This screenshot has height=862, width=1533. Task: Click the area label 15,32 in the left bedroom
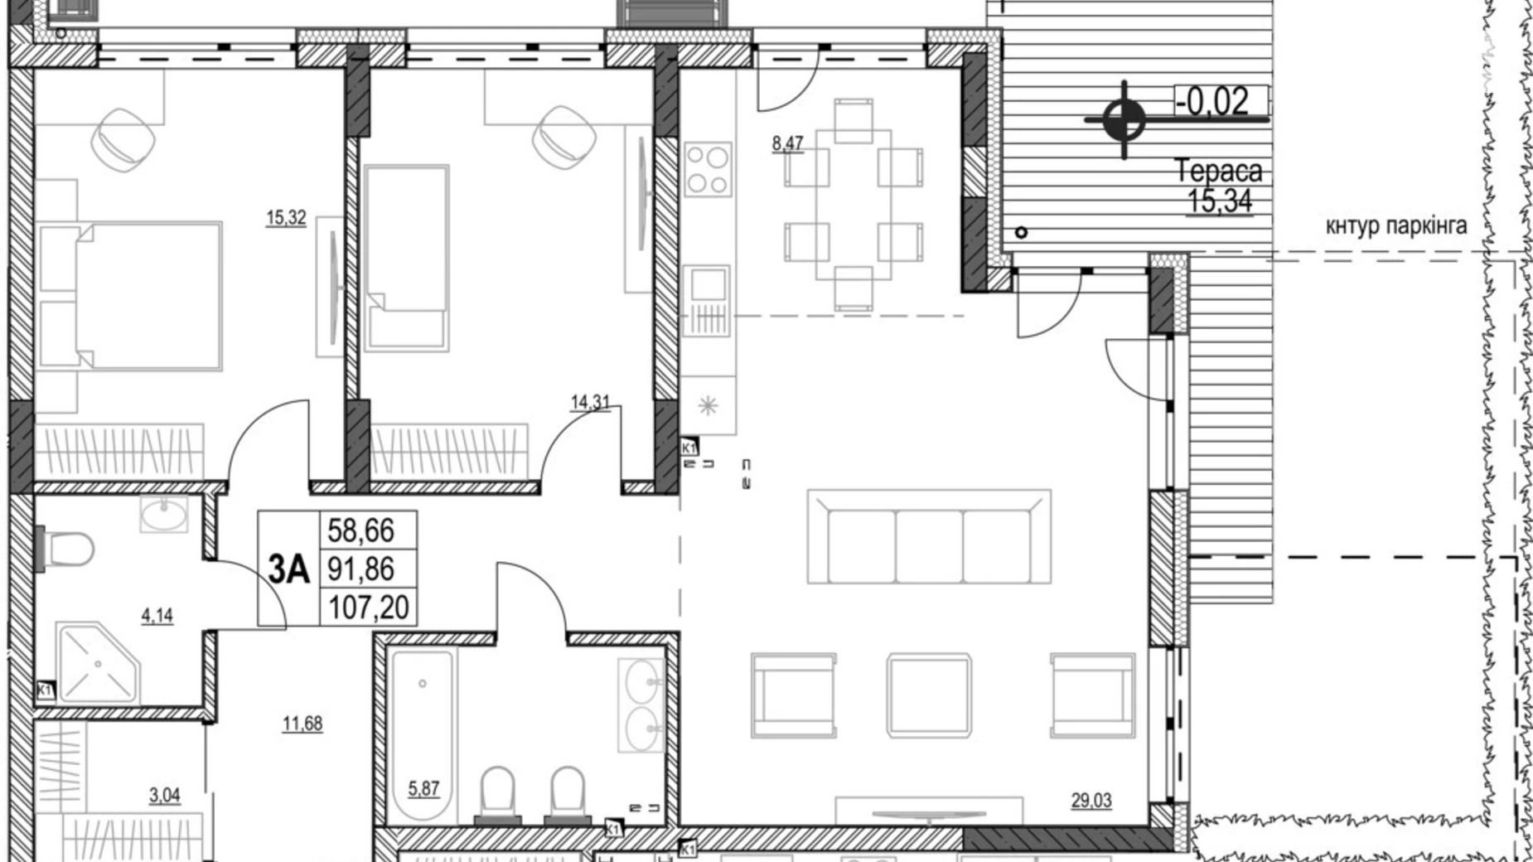[286, 218]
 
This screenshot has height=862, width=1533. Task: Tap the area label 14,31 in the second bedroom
[590, 403]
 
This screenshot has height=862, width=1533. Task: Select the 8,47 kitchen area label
[787, 143]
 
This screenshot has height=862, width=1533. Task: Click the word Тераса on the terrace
[1219, 172]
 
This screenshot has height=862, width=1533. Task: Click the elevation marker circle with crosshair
[1124, 120]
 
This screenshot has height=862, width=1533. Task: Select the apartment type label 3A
[288, 569]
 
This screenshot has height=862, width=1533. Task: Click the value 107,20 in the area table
[368, 608]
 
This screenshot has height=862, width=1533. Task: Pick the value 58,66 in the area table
[361, 530]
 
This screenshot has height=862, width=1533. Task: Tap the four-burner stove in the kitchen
[708, 169]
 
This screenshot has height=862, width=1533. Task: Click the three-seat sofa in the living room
[929, 537]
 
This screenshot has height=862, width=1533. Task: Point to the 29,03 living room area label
[1091, 801]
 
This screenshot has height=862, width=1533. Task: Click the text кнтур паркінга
[1396, 225]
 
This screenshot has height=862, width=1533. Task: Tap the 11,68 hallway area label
[302, 724]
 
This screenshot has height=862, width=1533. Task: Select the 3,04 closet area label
[164, 796]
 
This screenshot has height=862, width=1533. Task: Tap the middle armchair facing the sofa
[928, 695]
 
